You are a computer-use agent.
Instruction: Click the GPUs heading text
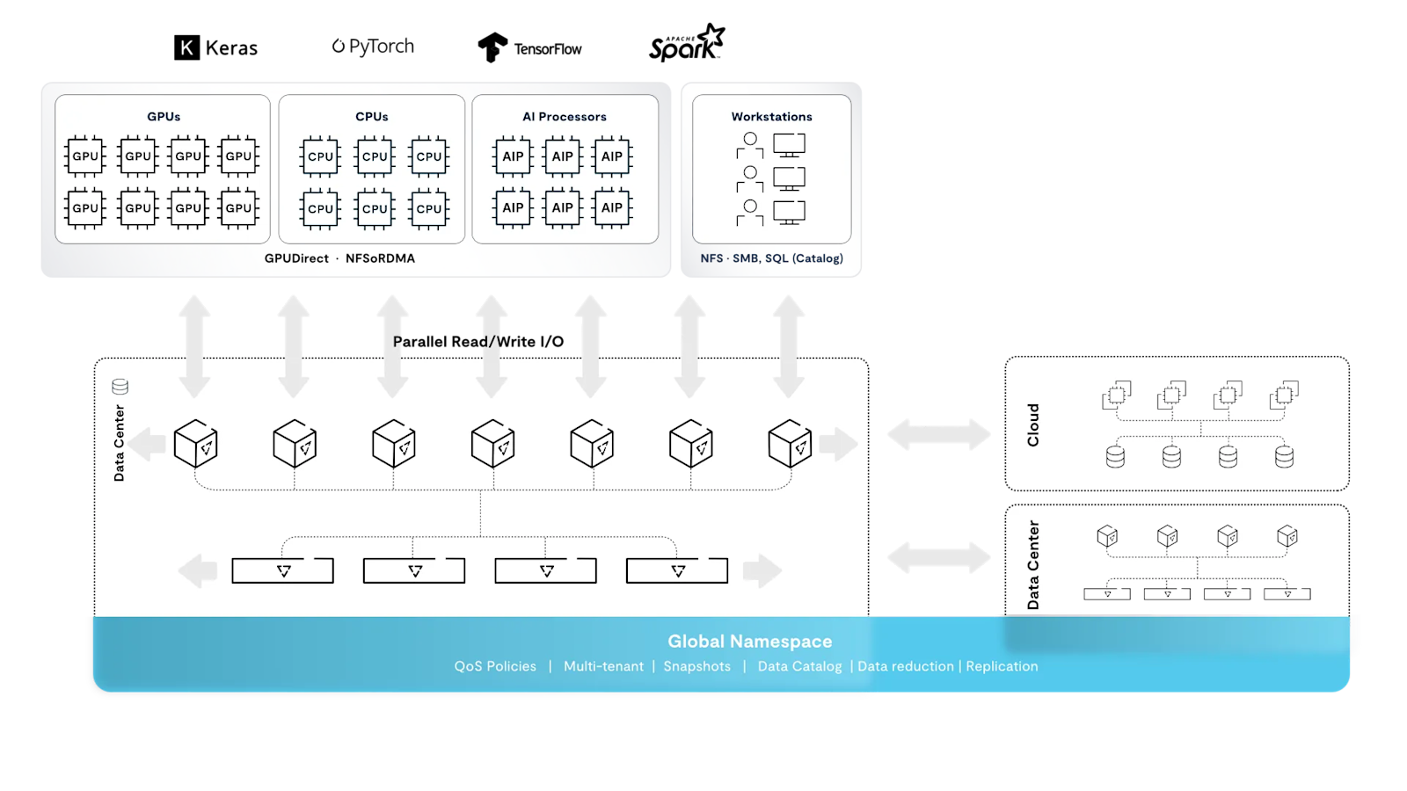[x=164, y=116]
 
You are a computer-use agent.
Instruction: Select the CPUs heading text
[x=371, y=116]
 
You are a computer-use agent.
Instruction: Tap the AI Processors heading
[x=564, y=116]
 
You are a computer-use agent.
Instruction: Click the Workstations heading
[x=771, y=116]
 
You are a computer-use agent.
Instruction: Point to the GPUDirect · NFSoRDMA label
[x=339, y=258]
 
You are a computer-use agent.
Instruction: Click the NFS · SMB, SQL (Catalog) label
[x=771, y=258]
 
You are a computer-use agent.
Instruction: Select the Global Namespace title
[x=749, y=642]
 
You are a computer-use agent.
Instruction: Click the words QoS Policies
[x=495, y=666]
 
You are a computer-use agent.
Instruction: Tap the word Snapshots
[x=696, y=666]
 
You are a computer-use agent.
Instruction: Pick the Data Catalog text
[x=799, y=666]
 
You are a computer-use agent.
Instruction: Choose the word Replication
[x=1002, y=666]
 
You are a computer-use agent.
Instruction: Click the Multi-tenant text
[x=603, y=666]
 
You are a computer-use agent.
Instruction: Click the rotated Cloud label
[x=1033, y=425]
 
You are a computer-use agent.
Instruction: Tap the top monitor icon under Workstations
[x=789, y=144]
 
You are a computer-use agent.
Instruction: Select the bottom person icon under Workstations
[x=750, y=212]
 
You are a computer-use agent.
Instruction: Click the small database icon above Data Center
[x=120, y=386]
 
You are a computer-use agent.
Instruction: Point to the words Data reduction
[x=906, y=666]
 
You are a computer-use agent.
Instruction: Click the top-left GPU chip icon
[x=85, y=156]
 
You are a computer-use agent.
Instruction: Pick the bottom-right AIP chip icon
[x=612, y=208]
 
